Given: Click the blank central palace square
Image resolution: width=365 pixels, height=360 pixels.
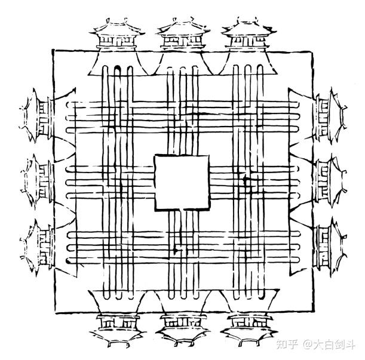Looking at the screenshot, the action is click(x=182, y=182).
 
